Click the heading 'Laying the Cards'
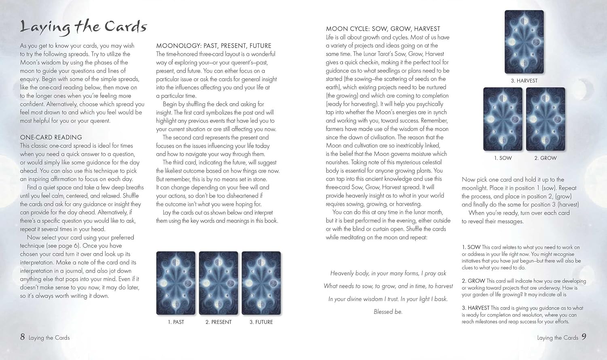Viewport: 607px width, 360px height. click(83, 27)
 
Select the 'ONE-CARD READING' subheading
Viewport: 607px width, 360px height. click(51, 137)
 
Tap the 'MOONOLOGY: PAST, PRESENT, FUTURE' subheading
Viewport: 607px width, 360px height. click(214, 46)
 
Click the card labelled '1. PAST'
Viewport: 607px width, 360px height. click(176, 283)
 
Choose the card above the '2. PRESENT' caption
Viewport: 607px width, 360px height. click(219, 283)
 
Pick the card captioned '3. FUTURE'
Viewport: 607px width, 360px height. click(261, 283)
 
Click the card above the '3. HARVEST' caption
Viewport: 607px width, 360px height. click(524, 42)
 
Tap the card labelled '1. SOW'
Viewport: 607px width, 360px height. click(503, 119)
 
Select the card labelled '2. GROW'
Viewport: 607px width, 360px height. click(545, 119)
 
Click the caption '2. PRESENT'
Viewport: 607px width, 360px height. click(219, 322)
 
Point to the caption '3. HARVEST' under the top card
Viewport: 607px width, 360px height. click(524, 81)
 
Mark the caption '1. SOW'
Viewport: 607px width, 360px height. click(503, 158)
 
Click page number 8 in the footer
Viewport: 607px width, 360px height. click(23, 337)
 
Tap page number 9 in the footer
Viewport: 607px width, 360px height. click(584, 337)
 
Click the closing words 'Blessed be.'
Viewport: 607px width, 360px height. click(388, 312)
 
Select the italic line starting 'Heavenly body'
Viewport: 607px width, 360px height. click(388, 273)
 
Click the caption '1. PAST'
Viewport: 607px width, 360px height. click(176, 322)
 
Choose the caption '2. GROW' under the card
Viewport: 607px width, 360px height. click(545, 158)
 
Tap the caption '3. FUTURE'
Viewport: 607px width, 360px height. click(261, 322)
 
